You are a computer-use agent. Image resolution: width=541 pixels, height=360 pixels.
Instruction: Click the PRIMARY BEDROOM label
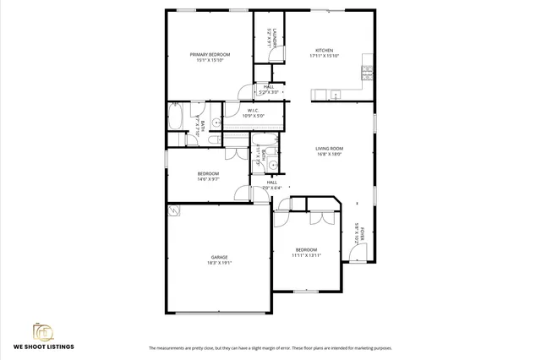pos(210,54)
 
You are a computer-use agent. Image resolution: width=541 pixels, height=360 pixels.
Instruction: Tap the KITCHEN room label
pos(325,50)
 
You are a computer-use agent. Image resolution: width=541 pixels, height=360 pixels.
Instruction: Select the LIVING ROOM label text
pos(330,149)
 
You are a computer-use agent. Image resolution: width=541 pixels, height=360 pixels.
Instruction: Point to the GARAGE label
pos(219,257)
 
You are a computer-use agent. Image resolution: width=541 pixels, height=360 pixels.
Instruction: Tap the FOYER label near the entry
pos(363,234)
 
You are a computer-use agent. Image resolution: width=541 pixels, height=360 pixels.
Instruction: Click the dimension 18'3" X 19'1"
pos(219,263)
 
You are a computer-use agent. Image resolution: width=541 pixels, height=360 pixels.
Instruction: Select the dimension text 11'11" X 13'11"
pos(306,255)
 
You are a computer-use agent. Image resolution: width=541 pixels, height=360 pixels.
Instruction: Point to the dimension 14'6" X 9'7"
pos(209,179)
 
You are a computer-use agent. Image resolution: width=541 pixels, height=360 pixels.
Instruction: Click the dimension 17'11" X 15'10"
pos(325,56)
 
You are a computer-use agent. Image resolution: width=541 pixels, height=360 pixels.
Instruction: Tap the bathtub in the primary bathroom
pos(179,116)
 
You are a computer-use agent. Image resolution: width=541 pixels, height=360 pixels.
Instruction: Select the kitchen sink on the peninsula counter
pos(336,93)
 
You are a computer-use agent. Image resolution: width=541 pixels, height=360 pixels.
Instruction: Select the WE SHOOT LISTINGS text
pos(43,346)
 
